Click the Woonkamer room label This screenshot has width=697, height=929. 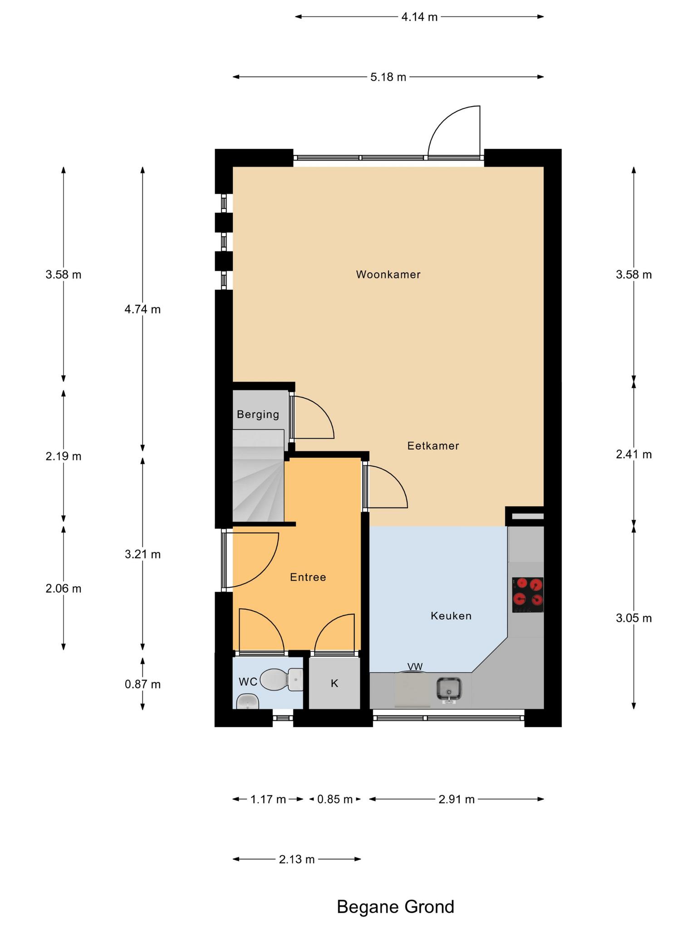(388, 274)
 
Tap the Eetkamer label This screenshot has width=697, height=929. (433, 446)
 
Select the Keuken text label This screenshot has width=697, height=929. (451, 616)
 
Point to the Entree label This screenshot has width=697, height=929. (308, 577)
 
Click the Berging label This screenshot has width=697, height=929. (258, 415)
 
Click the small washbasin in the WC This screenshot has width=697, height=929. (248, 701)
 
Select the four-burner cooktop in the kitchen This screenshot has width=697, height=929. (528, 595)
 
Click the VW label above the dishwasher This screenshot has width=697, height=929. (415, 667)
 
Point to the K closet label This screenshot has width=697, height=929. (334, 684)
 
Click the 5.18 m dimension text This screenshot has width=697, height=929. (388, 77)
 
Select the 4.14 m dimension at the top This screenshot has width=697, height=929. (419, 17)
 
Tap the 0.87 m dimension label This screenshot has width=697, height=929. (142, 684)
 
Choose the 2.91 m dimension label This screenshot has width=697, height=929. (456, 799)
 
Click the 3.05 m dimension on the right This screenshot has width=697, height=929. (634, 618)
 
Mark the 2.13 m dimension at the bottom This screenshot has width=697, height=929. (297, 859)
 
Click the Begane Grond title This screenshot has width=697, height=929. (395, 907)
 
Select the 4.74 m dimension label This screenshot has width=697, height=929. (142, 309)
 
